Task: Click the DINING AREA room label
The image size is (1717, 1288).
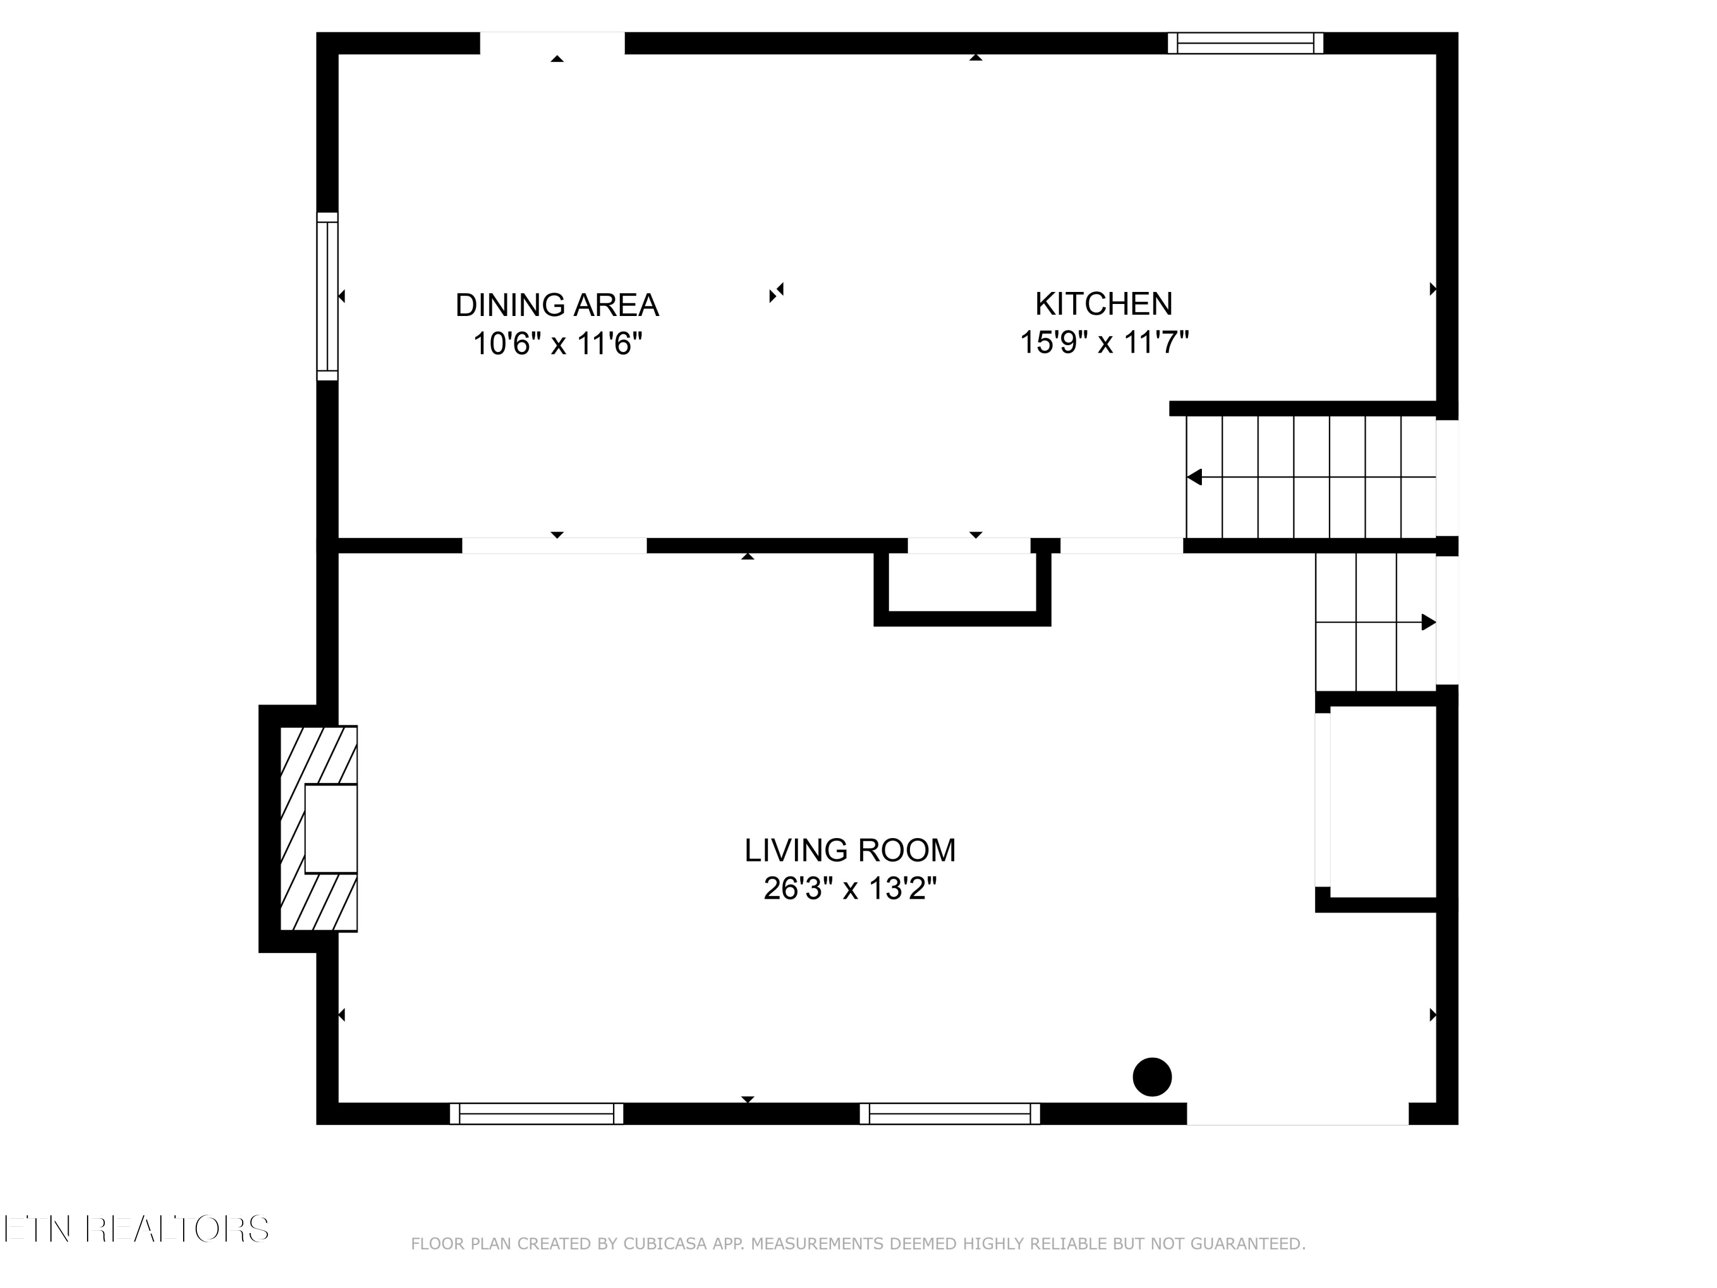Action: click(556, 305)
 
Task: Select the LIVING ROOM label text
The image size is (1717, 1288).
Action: click(849, 850)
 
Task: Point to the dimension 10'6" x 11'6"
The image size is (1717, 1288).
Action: click(557, 343)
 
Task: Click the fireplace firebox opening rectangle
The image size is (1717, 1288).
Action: click(331, 828)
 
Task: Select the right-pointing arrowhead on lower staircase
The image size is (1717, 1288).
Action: click(1427, 622)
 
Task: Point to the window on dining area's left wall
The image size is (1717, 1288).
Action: click(327, 296)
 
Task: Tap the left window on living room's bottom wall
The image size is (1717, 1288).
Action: click(536, 1113)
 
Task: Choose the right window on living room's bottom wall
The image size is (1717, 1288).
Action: click(950, 1113)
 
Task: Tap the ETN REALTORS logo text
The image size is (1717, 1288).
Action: click(136, 1229)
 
